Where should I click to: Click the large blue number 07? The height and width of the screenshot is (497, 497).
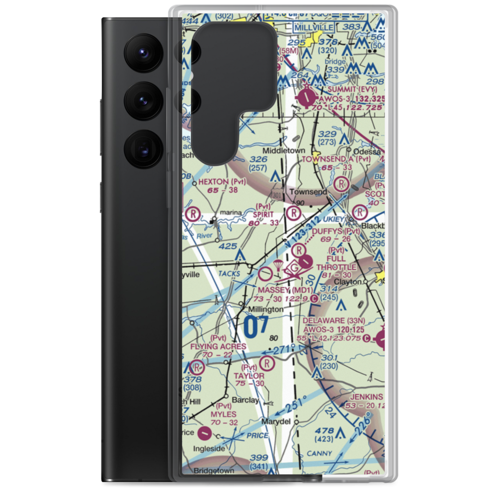coord(257,328)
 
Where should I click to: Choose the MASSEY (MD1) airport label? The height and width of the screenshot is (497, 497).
coord(285,290)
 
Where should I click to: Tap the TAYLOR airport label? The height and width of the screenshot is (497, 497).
coord(249,376)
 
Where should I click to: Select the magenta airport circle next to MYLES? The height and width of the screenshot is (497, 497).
coord(204,433)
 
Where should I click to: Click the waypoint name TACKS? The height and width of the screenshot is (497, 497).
coord(229,274)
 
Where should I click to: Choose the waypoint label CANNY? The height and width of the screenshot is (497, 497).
coord(319,453)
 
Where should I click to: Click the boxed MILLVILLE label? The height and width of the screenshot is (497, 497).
coord(314,26)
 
